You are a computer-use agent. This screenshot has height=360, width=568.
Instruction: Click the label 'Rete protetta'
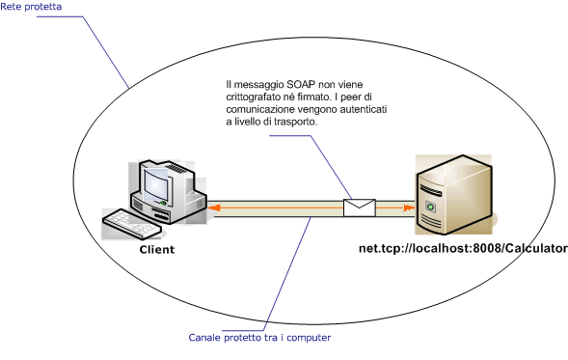point(29,7)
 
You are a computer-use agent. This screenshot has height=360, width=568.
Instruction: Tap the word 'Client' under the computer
point(156,249)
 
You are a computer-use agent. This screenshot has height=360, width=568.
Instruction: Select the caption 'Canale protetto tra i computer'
point(260,338)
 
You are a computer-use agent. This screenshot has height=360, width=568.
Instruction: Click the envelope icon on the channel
point(360,207)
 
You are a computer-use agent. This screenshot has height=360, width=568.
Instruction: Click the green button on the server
point(431,208)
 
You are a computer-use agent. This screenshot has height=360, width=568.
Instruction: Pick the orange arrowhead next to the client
point(213,207)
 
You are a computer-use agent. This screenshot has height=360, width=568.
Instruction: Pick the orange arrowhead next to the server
point(409,207)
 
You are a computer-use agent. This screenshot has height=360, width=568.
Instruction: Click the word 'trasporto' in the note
point(295,124)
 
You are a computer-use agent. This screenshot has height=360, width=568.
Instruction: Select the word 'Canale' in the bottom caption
point(203,338)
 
